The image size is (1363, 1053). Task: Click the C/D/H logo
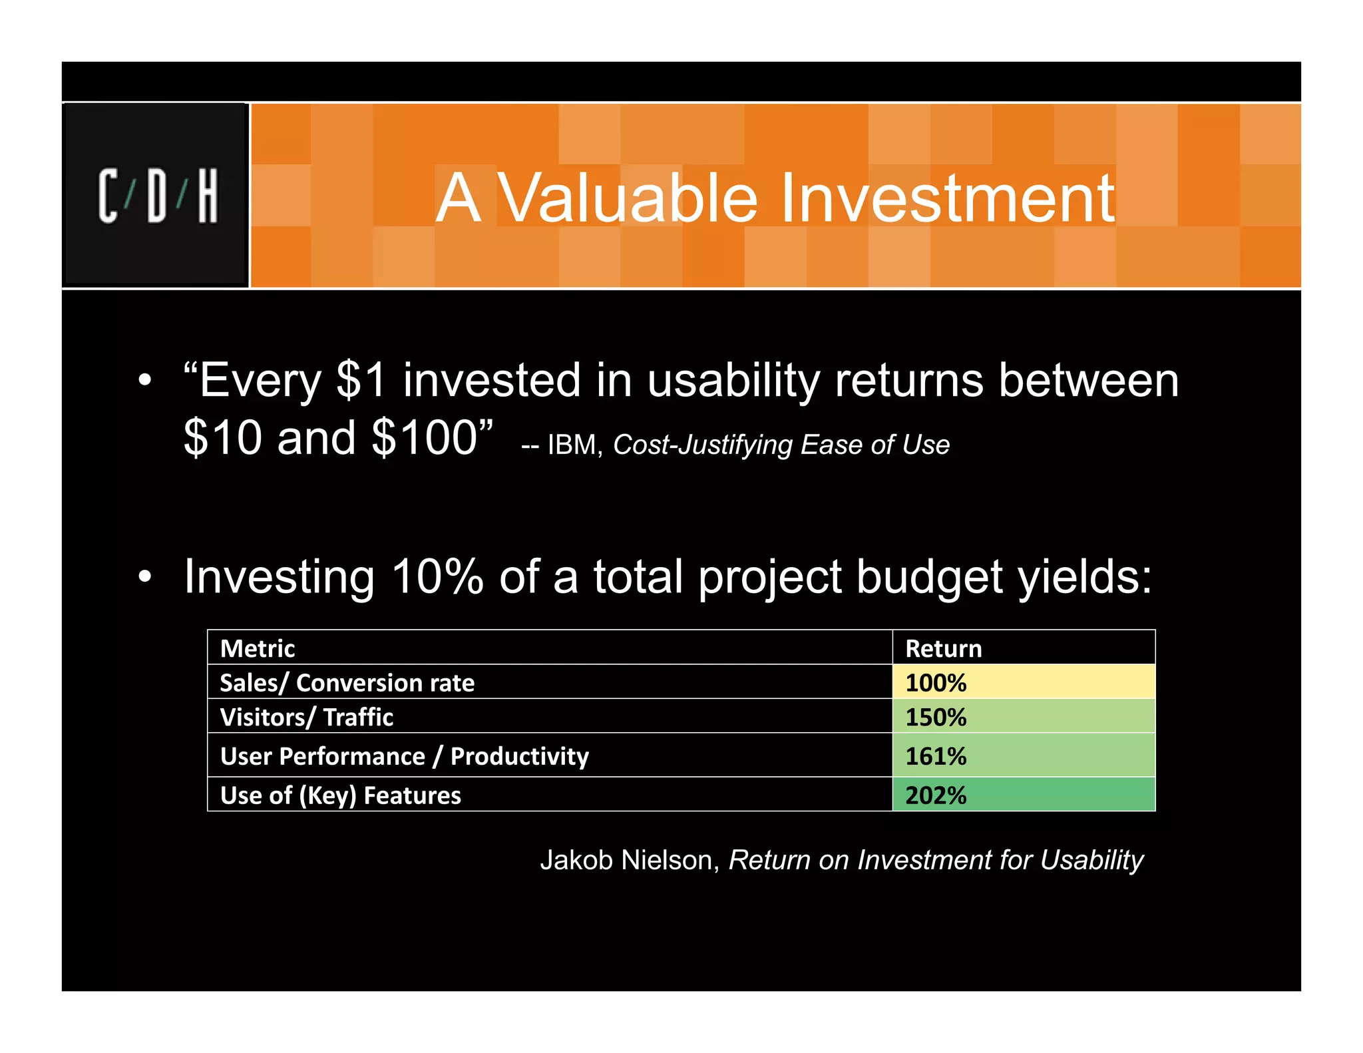(157, 195)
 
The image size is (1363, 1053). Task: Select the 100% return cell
(1022, 682)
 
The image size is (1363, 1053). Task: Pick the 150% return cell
(1022, 717)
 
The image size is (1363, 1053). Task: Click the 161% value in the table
(936, 756)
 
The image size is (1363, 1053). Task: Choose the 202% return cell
(1022, 795)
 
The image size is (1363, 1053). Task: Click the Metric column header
(258, 648)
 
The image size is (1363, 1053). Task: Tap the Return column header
(943, 648)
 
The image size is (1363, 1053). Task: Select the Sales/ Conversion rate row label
(347, 683)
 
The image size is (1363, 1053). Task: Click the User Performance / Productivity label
(404, 756)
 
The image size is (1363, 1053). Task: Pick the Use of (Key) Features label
(340, 795)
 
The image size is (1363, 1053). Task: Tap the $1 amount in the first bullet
(361, 380)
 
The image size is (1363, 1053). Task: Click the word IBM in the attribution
(571, 445)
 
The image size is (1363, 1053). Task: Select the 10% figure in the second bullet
(437, 576)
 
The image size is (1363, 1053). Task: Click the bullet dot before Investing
(145, 577)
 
